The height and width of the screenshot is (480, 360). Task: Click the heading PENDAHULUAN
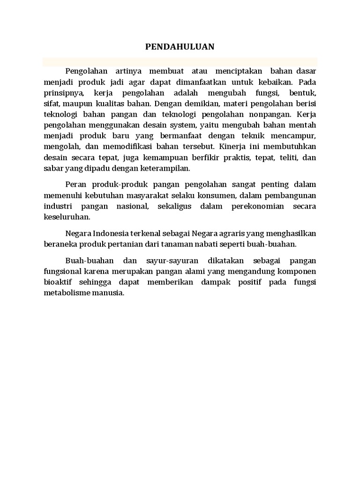180,46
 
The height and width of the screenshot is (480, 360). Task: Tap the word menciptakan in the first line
238,71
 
